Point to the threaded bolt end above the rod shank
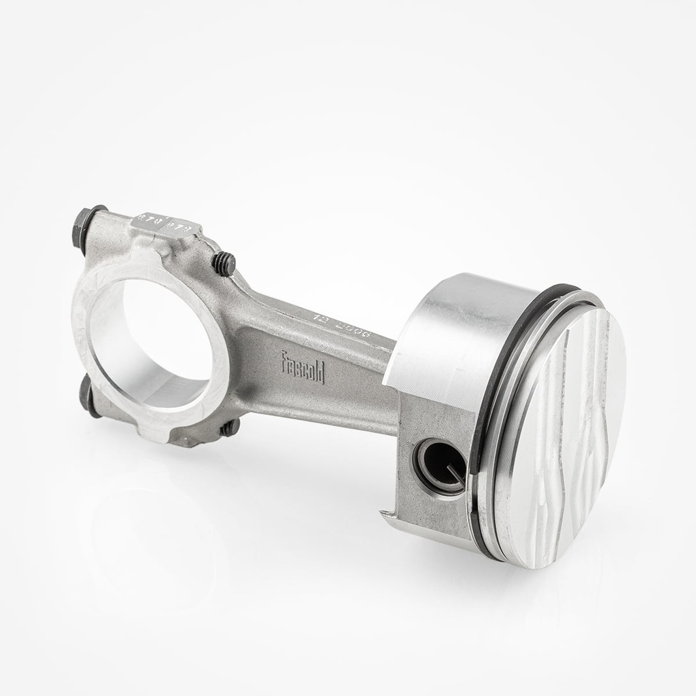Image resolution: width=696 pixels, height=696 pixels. tap(224, 263)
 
